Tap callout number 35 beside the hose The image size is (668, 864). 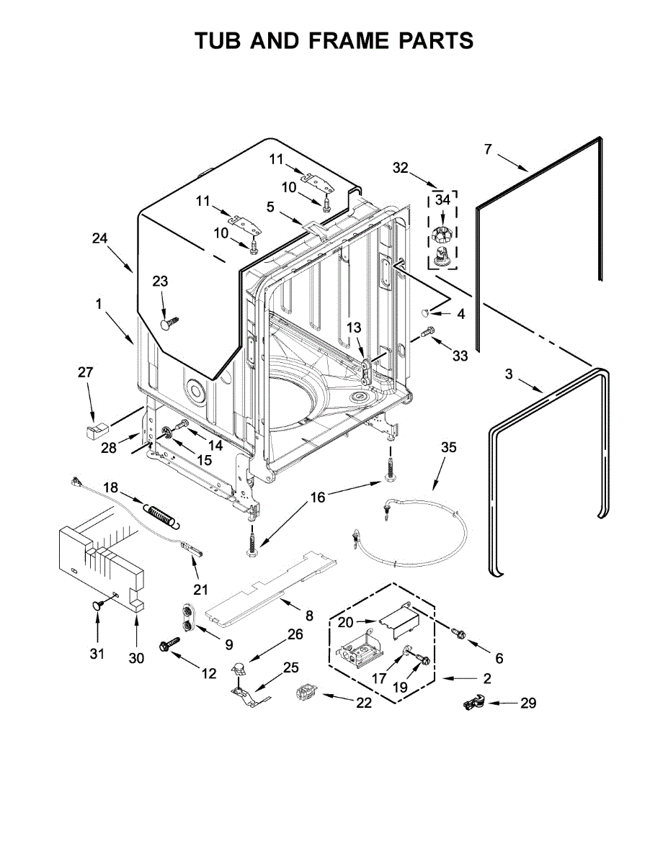point(448,447)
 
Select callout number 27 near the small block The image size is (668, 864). point(86,372)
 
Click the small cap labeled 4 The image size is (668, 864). point(427,312)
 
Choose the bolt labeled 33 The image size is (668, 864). point(427,332)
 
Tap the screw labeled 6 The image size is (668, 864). point(457,632)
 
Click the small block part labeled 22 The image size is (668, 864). point(306,694)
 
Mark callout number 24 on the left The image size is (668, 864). point(100,238)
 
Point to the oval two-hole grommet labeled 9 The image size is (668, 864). point(190,618)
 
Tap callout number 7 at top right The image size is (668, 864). point(488,149)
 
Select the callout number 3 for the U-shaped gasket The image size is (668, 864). point(509,374)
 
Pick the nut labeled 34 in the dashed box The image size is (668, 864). point(442,235)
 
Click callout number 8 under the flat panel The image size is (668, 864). point(309,616)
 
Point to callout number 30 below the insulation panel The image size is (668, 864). point(137,657)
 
